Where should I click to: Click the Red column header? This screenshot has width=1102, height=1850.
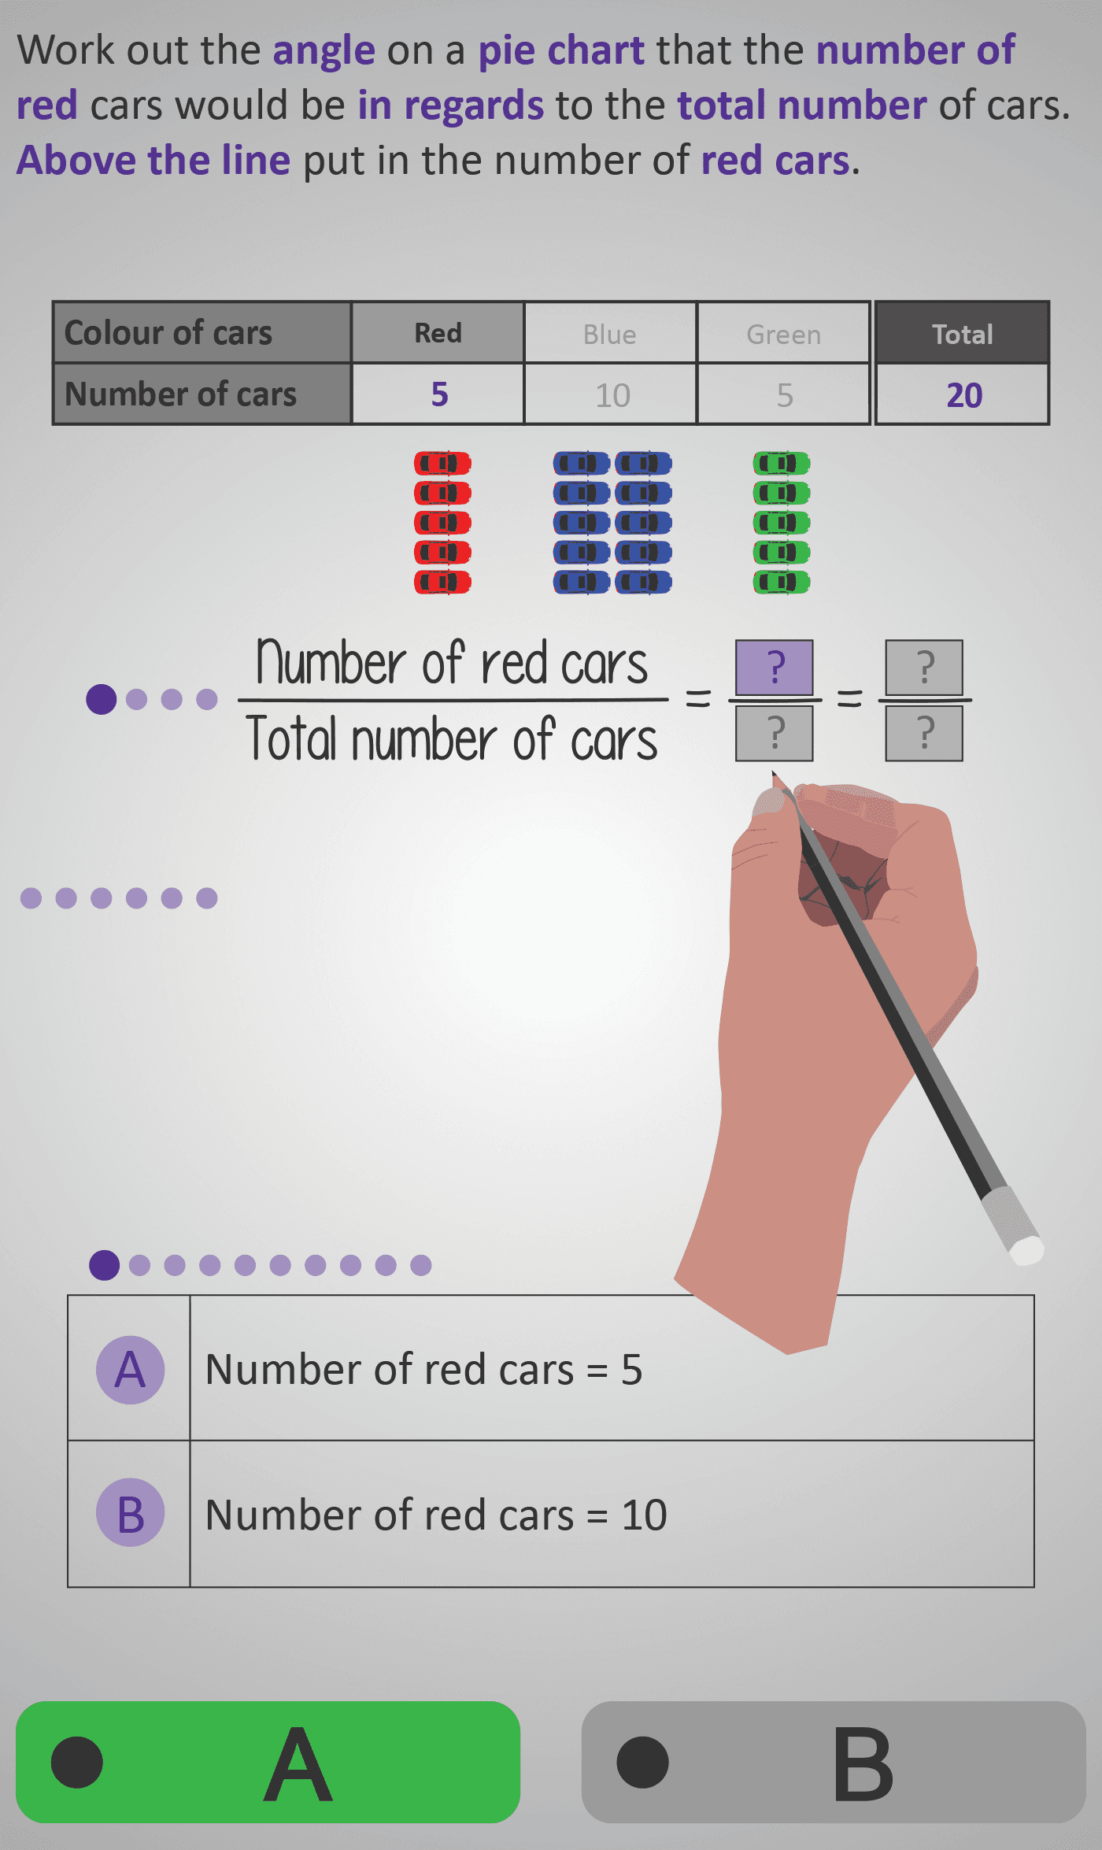click(x=438, y=332)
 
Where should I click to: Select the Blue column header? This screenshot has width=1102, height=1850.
click(x=610, y=333)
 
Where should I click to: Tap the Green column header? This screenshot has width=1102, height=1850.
click(x=783, y=333)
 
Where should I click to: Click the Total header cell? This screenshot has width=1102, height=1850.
click(x=962, y=333)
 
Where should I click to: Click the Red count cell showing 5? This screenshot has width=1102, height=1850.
click(x=438, y=394)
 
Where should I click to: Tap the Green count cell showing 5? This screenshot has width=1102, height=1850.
click(x=783, y=394)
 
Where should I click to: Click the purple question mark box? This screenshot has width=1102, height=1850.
click(x=775, y=668)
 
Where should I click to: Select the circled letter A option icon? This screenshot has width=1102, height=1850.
click(x=130, y=1370)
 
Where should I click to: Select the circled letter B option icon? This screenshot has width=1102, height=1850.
click(x=130, y=1512)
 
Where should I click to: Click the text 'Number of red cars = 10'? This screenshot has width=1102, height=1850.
click(x=436, y=1515)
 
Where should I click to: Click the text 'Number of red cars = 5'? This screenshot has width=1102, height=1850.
click(x=423, y=1370)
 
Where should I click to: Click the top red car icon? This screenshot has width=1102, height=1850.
click(x=442, y=463)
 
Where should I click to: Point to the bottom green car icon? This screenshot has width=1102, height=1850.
click(x=782, y=583)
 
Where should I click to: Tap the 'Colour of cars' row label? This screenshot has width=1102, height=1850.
click(x=168, y=332)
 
